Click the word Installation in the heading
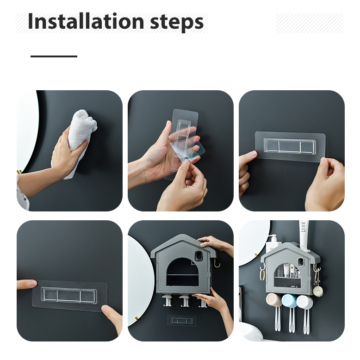click(x=86, y=21)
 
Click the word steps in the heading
click(x=177, y=23)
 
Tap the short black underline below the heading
click(x=54, y=56)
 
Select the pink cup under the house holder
click(x=273, y=300)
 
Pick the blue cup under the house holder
click(x=288, y=301)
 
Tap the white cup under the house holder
click(x=304, y=302)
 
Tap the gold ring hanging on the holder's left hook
click(x=262, y=274)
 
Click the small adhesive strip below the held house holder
click(x=181, y=321)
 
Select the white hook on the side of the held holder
click(x=217, y=263)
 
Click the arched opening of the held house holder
click(x=182, y=272)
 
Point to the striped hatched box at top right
click(x=310, y=23)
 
